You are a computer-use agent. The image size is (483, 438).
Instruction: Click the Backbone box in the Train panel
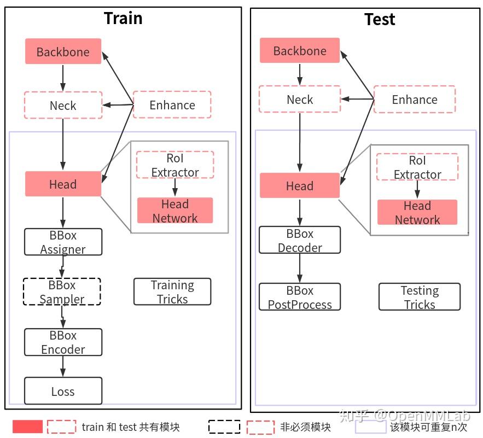63,51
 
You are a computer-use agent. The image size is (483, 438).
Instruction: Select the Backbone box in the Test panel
299,50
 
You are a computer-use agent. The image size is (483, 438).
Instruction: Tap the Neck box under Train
63,105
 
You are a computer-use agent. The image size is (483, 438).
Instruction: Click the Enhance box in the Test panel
414,100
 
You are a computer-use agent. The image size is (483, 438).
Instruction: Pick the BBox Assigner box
63,242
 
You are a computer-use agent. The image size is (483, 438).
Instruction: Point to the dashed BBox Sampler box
62,291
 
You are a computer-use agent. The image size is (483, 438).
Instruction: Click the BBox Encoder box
63,342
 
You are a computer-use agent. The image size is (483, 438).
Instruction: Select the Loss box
63,391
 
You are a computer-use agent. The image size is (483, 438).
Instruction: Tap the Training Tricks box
172,291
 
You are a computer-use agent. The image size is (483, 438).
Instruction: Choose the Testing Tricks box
419,297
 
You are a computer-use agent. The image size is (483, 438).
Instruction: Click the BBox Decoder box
299,240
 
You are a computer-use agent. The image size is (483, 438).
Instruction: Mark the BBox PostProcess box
299,297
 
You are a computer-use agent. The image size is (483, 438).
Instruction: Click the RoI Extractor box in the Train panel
174,165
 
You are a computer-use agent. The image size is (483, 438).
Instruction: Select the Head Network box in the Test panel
417,212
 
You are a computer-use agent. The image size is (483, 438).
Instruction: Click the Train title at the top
123,18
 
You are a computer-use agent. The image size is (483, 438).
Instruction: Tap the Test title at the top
380,20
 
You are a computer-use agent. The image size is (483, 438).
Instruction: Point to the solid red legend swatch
27,427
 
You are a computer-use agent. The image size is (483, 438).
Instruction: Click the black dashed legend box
224,427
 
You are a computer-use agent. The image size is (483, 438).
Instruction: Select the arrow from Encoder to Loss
63,366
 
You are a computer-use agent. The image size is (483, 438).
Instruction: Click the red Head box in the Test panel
299,185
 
